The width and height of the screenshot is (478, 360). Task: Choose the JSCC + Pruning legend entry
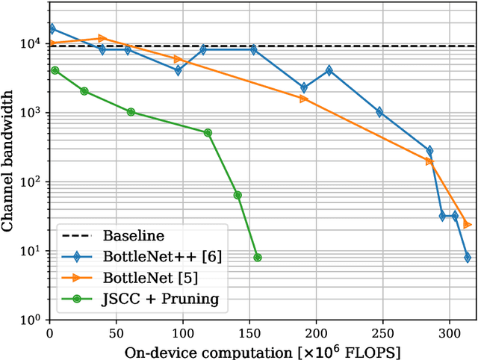(162, 300)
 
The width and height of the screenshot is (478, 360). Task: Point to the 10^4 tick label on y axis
(29, 43)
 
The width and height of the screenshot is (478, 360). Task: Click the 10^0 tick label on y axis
(29, 320)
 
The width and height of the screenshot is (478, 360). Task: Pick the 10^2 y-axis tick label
(29, 181)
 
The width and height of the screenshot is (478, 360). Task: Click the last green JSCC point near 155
(258, 258)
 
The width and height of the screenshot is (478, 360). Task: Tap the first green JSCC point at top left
(55, 70)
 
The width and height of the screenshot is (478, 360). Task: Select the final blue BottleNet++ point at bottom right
(468, 258)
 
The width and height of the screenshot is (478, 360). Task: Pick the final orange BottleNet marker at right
(468, 224)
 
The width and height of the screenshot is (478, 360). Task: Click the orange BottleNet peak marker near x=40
(102, 38)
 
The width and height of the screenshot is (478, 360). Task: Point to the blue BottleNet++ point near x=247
(379, 112)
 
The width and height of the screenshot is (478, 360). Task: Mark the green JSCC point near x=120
(208, 133)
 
